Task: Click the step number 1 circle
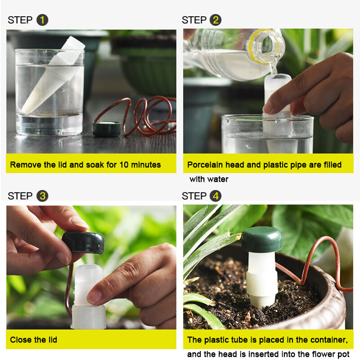[x=42, y=20]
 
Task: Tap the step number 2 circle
[x=216, y=20]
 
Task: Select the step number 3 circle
[x=42, y=196]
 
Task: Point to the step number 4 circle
[x=216, y=196]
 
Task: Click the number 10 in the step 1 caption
[x=124, y=165]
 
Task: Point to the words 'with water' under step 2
[x=209, y=179]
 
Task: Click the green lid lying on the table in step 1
[x=107, y=129]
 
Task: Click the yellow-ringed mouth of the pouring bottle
[x=266, y=46]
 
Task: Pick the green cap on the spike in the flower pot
[x=262, y=239]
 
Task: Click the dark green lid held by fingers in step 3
[x=83, y=243]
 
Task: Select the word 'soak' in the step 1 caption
[x=95, y=165]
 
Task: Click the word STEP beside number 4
[x=194, y=196]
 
